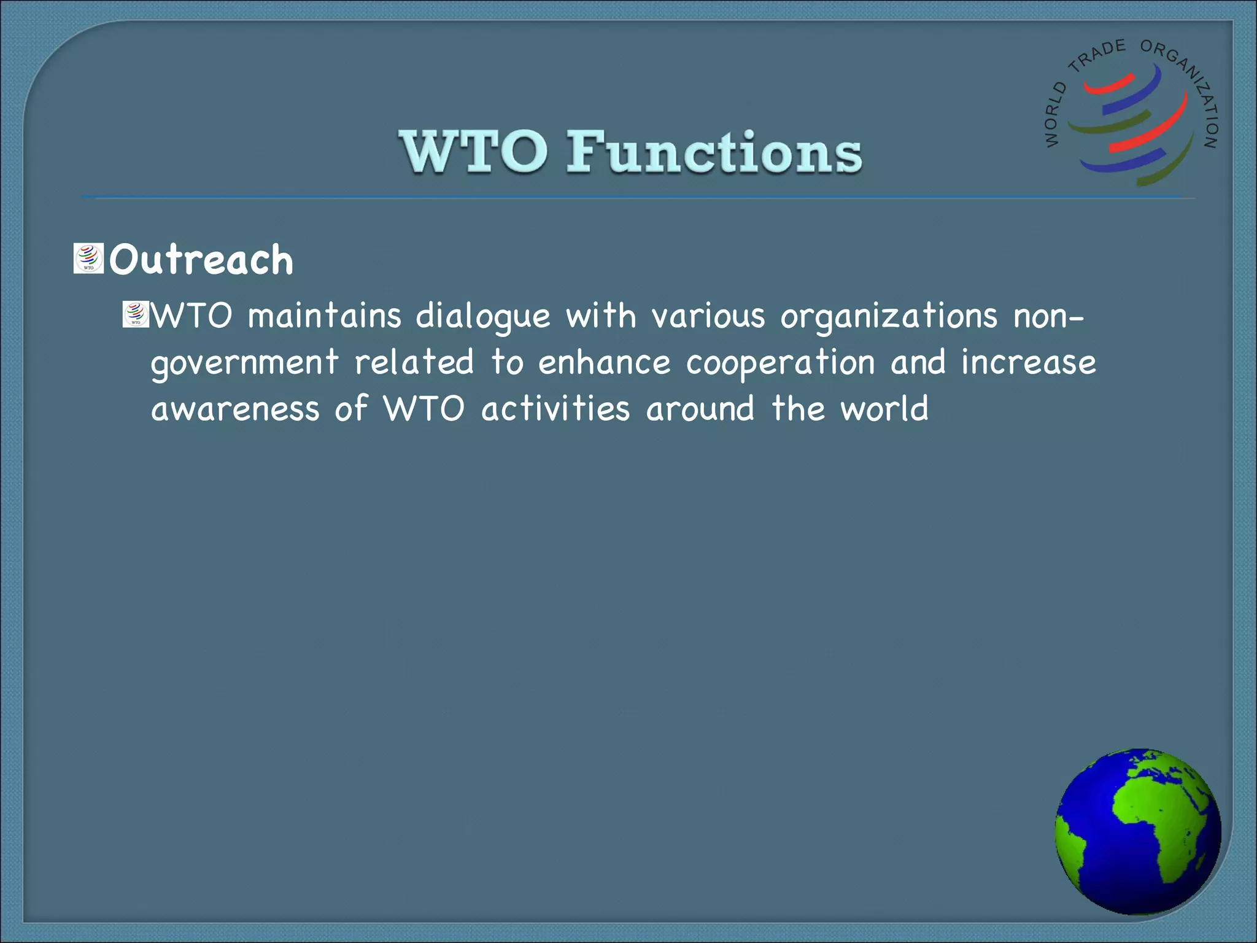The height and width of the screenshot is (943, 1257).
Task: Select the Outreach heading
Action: pos(201,260)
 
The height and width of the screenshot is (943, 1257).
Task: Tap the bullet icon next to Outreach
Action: pos(88,258)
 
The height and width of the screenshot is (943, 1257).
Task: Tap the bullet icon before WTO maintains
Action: pos(135,314)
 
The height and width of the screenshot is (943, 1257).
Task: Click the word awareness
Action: pos(235,409)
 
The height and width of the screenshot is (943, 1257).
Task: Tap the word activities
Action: pos(555,409)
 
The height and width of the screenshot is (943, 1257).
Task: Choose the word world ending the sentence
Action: pos(884,409)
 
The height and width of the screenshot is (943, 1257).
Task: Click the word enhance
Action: pos(604,362)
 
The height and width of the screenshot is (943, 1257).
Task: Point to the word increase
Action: pos(1028,362)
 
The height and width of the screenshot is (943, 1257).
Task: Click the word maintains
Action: pos(324,316)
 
